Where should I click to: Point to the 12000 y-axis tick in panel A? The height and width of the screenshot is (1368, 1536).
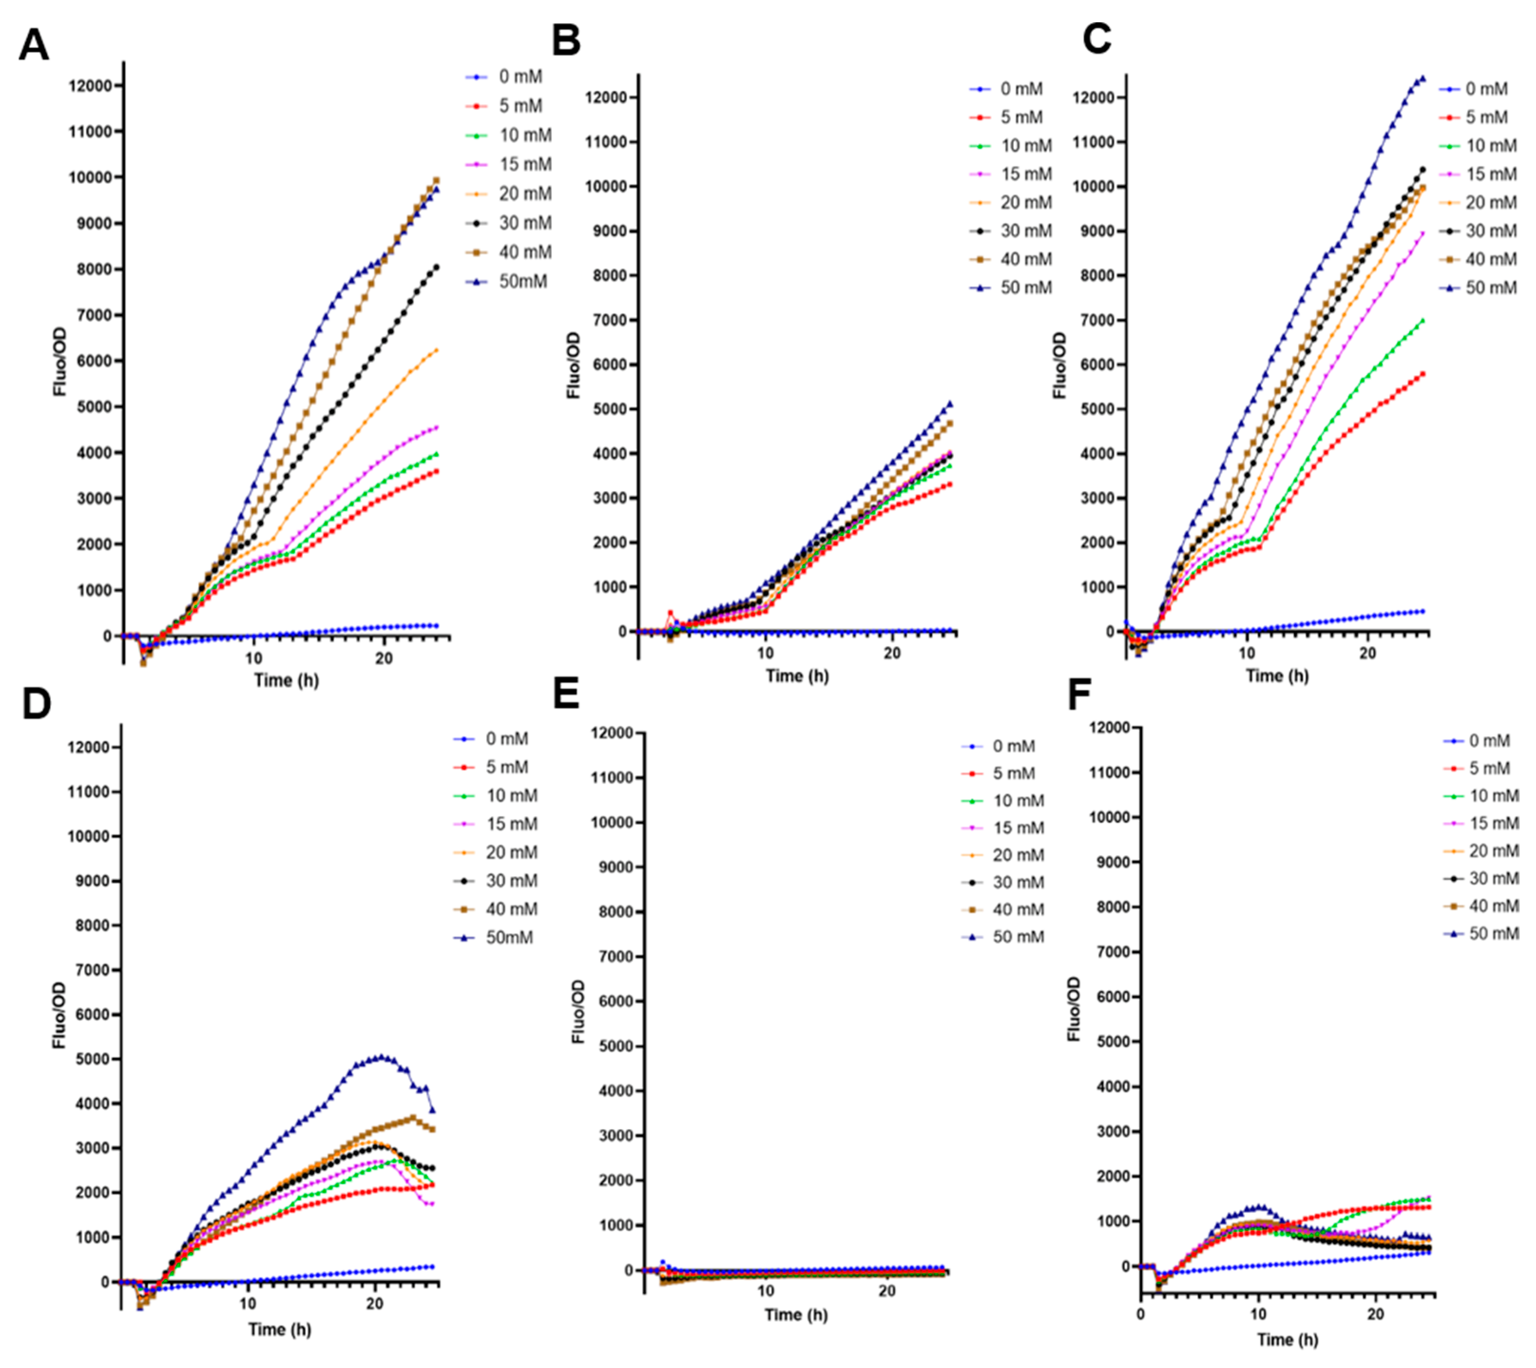pos(90,86)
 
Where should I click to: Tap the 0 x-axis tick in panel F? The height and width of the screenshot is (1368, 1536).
pos(1141,1315)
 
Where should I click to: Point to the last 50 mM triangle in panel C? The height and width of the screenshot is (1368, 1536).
pos(1422,78)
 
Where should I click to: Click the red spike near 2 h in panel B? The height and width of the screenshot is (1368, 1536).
pos(671,613)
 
